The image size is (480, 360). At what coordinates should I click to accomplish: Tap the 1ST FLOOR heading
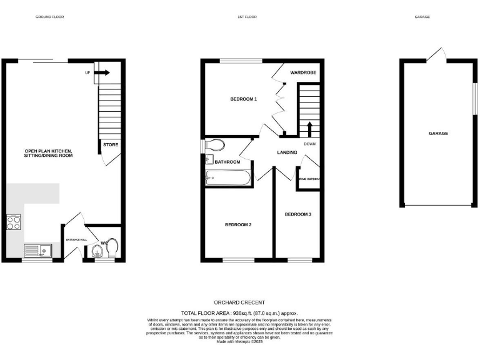click(247, 17)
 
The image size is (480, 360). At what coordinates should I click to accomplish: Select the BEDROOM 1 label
click(244, 99)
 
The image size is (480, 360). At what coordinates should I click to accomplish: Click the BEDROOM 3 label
click(298, 214)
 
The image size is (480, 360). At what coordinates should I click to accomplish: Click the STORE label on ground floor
click(111, 145)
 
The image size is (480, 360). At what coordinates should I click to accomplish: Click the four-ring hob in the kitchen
click(13, 222)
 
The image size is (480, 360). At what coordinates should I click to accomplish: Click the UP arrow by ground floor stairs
click(101, 73)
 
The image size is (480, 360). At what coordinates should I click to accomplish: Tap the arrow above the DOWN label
click(309, 129)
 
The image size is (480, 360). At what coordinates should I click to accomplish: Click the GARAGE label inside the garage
click(438, 133)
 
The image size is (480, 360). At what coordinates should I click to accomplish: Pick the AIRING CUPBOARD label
click(309, 179)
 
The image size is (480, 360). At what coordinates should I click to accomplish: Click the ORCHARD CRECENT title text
click(239, 302)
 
